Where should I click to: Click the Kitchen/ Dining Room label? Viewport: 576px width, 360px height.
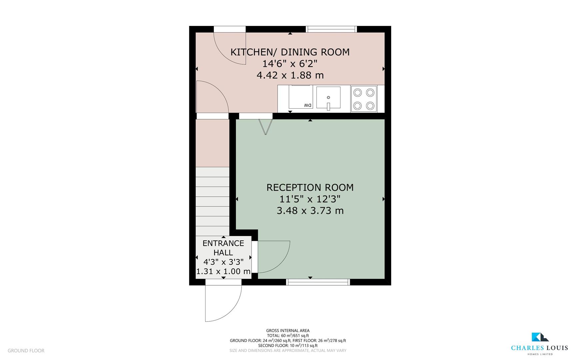pyautogui.click(x=290, y=52)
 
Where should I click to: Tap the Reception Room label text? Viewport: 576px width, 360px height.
pyautogui.click(x=310, y=187)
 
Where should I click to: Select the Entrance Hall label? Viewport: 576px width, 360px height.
pyautogui.click(x=223, y=248)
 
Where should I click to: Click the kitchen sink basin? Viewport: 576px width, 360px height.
pyautogui.click(x=328, y=97)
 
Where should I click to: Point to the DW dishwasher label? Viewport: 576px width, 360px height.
pyautogui.click(x=308, y=105)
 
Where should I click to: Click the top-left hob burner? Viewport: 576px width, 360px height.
pyautogui.click(x=357, y=92)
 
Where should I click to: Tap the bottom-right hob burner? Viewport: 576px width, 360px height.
pyautogui.click(x=370, y=106)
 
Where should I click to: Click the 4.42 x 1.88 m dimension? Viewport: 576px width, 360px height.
pyautogui.click(x=290, y=75)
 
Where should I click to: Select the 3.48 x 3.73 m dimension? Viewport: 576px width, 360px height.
pyautogui.click(x=310, y=211)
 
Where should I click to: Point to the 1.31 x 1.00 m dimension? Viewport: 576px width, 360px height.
pyautogui.click(x=223, y=271)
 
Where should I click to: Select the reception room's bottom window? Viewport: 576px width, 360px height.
pyautogui.click(x=318, y=282)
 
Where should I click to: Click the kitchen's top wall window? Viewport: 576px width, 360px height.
pyautogui.click(x=331, y=29)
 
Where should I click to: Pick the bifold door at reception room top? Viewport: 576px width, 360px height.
pyautogui.click(x=266, y=127)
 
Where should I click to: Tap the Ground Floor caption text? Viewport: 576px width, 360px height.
pyautogui.click(x=26, y=351)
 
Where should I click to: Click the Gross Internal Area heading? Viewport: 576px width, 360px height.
pyautogui.click(x=288, y=331)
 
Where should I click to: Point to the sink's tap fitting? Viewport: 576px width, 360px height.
pyautogui.click(x=328, y=106)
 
